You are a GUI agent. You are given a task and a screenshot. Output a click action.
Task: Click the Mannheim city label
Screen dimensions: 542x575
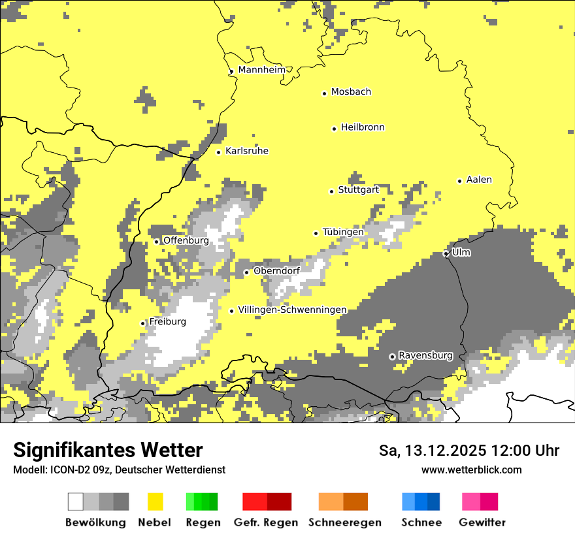click(x=262, y=70)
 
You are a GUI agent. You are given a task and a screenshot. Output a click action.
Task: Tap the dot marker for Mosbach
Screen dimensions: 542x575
click(x=324, y=93)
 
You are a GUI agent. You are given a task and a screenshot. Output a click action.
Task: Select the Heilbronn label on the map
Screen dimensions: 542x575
click(x=363, y=127)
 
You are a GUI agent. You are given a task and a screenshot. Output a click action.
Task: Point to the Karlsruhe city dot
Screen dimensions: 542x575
click(x=219, y=152)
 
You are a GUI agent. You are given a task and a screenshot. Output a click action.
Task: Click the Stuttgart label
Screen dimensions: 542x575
click(x=358, y=190)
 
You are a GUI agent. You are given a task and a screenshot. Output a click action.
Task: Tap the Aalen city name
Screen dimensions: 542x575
click(x=479, y=180)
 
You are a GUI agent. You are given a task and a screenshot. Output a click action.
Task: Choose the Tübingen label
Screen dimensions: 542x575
click(x=343, y=232)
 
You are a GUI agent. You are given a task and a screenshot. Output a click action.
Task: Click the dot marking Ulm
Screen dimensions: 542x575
click(x=446, y=253)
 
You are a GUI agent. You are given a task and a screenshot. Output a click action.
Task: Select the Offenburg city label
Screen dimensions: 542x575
click(x=186, y=240)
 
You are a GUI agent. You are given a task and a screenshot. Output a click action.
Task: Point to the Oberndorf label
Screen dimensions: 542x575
click(x=276, y=270)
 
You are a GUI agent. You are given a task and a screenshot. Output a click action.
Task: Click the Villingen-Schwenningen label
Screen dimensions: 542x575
click(x=292, y=310)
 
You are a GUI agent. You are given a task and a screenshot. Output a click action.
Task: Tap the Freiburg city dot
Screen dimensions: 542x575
click(x=142, y=323)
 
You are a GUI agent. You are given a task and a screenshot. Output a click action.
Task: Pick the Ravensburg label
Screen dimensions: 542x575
click(x=425, y=355)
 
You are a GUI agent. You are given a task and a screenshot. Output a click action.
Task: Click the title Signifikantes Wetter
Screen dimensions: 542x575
click(x=108, y=450)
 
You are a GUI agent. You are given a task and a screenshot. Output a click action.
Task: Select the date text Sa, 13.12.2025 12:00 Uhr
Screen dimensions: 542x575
click(x=469, y=451)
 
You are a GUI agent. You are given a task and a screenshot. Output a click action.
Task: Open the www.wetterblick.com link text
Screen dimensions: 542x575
click(x=471, y=470)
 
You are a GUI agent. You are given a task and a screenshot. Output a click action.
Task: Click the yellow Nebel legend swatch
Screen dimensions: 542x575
click(x=156, y=502)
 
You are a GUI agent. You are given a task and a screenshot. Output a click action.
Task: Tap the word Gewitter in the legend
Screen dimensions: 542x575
click(x=482, y=522)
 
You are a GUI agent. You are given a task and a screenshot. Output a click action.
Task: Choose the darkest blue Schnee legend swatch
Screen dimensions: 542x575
click(x=433, y=502)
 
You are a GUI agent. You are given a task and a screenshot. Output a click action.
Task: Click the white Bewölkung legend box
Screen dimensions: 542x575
click(x=76, y=502)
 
